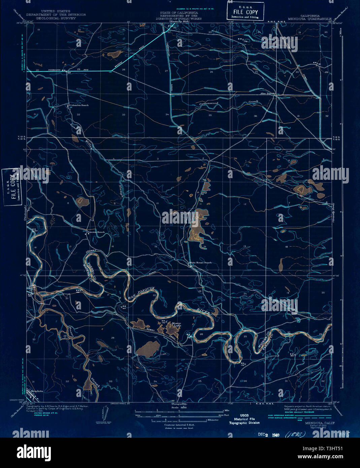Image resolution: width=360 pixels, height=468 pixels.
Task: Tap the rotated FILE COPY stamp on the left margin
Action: pos(11,187)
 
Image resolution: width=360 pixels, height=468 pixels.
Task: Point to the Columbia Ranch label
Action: pos(79,105)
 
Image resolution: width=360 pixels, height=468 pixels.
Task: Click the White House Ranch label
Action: pos(201,262)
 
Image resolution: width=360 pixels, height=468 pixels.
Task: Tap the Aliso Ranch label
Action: pos(267,93)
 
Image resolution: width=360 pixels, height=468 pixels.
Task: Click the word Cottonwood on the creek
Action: pos(209,104)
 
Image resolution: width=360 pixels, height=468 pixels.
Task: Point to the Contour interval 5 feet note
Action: pos(179,425)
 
